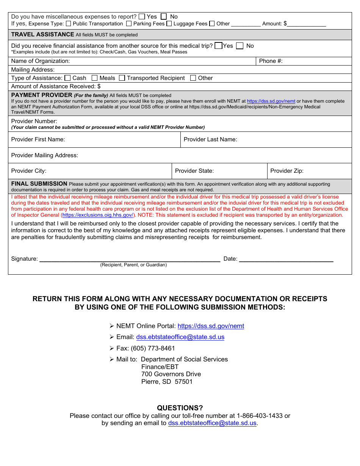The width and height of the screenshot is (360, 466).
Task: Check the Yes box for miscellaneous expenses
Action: point(142,17)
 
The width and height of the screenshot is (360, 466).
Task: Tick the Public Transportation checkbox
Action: point(69,23)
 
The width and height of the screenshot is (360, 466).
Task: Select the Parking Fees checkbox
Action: point(129,23)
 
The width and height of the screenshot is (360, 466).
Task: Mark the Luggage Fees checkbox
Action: point(169,23)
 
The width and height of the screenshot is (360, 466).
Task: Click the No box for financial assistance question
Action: point(239,46)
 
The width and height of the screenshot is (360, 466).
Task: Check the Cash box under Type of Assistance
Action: point(68,78)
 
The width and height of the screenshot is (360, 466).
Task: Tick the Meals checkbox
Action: point(95,78)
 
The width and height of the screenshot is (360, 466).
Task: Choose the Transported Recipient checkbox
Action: point(122,78)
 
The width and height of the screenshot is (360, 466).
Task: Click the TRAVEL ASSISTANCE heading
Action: point(42,34)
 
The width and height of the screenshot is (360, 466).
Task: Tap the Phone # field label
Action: point(271,61)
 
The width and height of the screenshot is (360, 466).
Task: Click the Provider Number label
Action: point(34,121)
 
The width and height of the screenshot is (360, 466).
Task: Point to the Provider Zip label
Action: point(286,171)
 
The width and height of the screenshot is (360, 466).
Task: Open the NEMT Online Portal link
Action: point(211,326)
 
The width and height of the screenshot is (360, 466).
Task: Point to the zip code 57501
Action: point(183,382)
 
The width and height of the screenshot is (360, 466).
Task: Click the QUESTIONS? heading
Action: point(180,408)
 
